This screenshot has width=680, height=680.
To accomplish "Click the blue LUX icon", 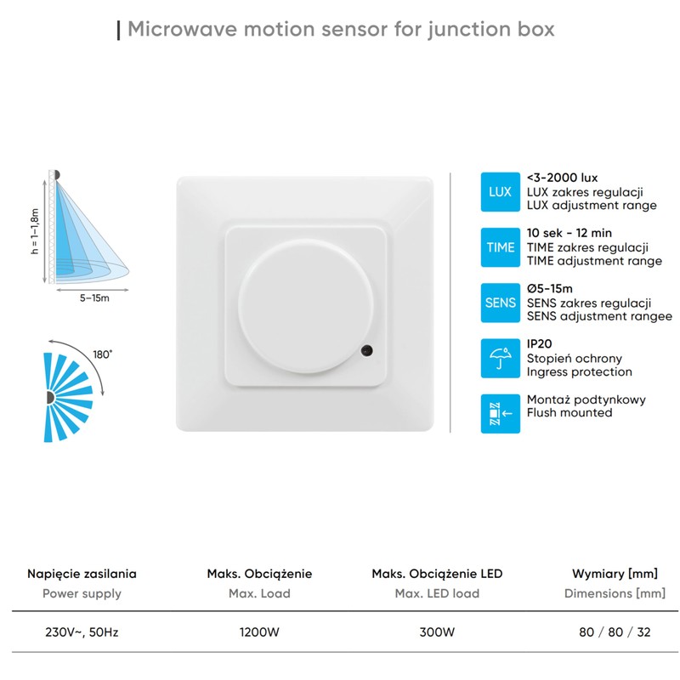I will (x=500, y=191).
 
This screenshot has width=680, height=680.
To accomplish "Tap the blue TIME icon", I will (x=500, y=246).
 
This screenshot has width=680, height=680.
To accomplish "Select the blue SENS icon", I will (x=500, y=303).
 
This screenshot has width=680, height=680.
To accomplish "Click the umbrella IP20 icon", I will (x=500, y=358).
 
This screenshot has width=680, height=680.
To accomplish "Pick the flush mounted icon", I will (x=500, y=413).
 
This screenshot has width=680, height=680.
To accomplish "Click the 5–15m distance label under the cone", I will (x=94, y=298).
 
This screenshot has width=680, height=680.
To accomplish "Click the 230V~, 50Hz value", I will (x=82, y=632).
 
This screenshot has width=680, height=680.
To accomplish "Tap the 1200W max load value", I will (x=259, y=632).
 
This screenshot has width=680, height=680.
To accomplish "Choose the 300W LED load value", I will (x=437, y=632).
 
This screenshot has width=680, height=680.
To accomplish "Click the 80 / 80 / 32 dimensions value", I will (x=615, y=632).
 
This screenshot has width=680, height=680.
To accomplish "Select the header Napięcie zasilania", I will (x=82, y=574).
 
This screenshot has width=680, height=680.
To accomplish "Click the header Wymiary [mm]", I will (x=615, y=574).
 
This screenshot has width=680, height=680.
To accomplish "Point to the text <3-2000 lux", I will (x=562, y=178).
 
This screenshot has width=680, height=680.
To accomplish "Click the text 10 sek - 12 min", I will (x=569, y=233).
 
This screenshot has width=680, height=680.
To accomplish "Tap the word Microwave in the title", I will (x=177, y=30).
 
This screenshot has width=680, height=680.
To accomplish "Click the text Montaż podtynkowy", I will (x=586, y=399).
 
